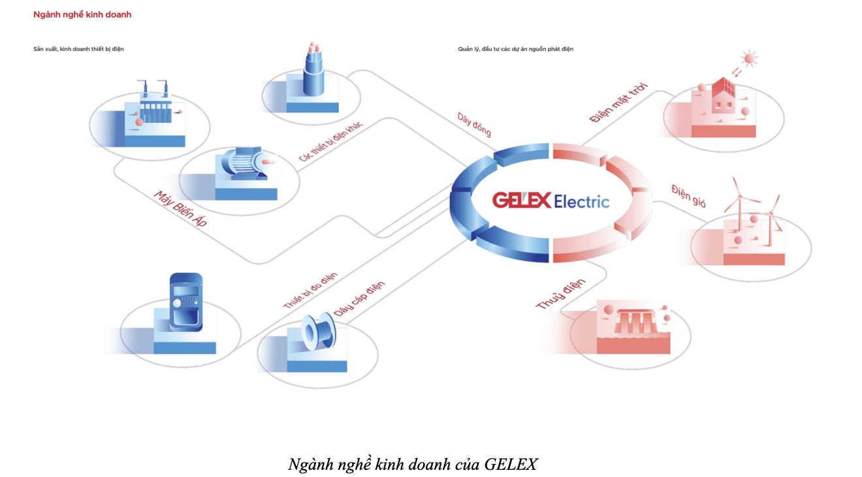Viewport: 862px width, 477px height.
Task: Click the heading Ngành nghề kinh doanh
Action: click(82, 14)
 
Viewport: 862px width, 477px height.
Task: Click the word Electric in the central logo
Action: click(581, 201)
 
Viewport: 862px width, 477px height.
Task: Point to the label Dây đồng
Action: click(474, 125)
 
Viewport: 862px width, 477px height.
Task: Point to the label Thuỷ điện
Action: click(560, 294)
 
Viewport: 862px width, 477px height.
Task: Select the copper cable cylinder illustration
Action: click(315, 72)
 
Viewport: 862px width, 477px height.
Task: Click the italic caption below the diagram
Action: click(413, 465)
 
